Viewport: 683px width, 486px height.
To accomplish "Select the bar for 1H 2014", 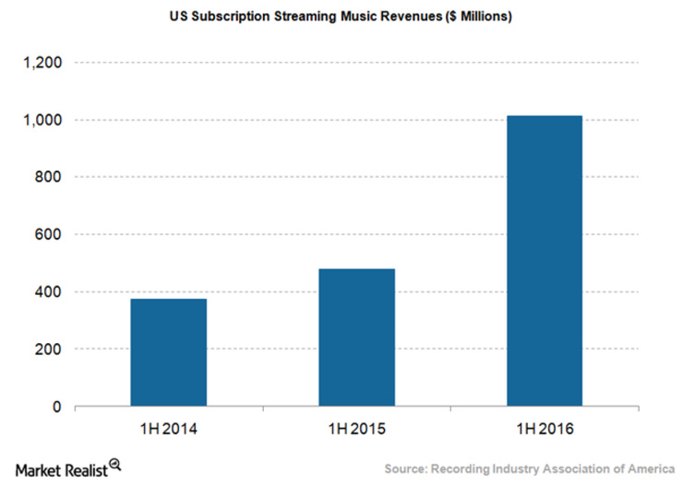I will coord(168,352).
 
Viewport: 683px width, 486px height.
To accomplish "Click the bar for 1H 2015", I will coord(356,338).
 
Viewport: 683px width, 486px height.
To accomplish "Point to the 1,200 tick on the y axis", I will coord(42,63).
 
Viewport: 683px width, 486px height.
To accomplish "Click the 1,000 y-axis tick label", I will coord(42,120).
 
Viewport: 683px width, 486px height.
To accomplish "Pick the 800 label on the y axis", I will coord(48,177).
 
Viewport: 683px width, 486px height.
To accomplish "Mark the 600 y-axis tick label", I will coord(48,234).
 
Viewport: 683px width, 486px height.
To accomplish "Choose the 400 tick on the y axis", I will coord(48,292).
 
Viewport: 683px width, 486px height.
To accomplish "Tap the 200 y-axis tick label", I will coord(48,350).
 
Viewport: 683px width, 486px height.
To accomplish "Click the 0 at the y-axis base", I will coord(57,407).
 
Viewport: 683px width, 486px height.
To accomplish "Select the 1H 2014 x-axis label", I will coord(168,430).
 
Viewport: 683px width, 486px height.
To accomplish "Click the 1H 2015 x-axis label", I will coord(356,430).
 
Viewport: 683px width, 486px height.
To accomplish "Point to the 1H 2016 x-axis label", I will coord(545,430).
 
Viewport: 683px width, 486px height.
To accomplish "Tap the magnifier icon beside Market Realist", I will coord(115,465).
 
